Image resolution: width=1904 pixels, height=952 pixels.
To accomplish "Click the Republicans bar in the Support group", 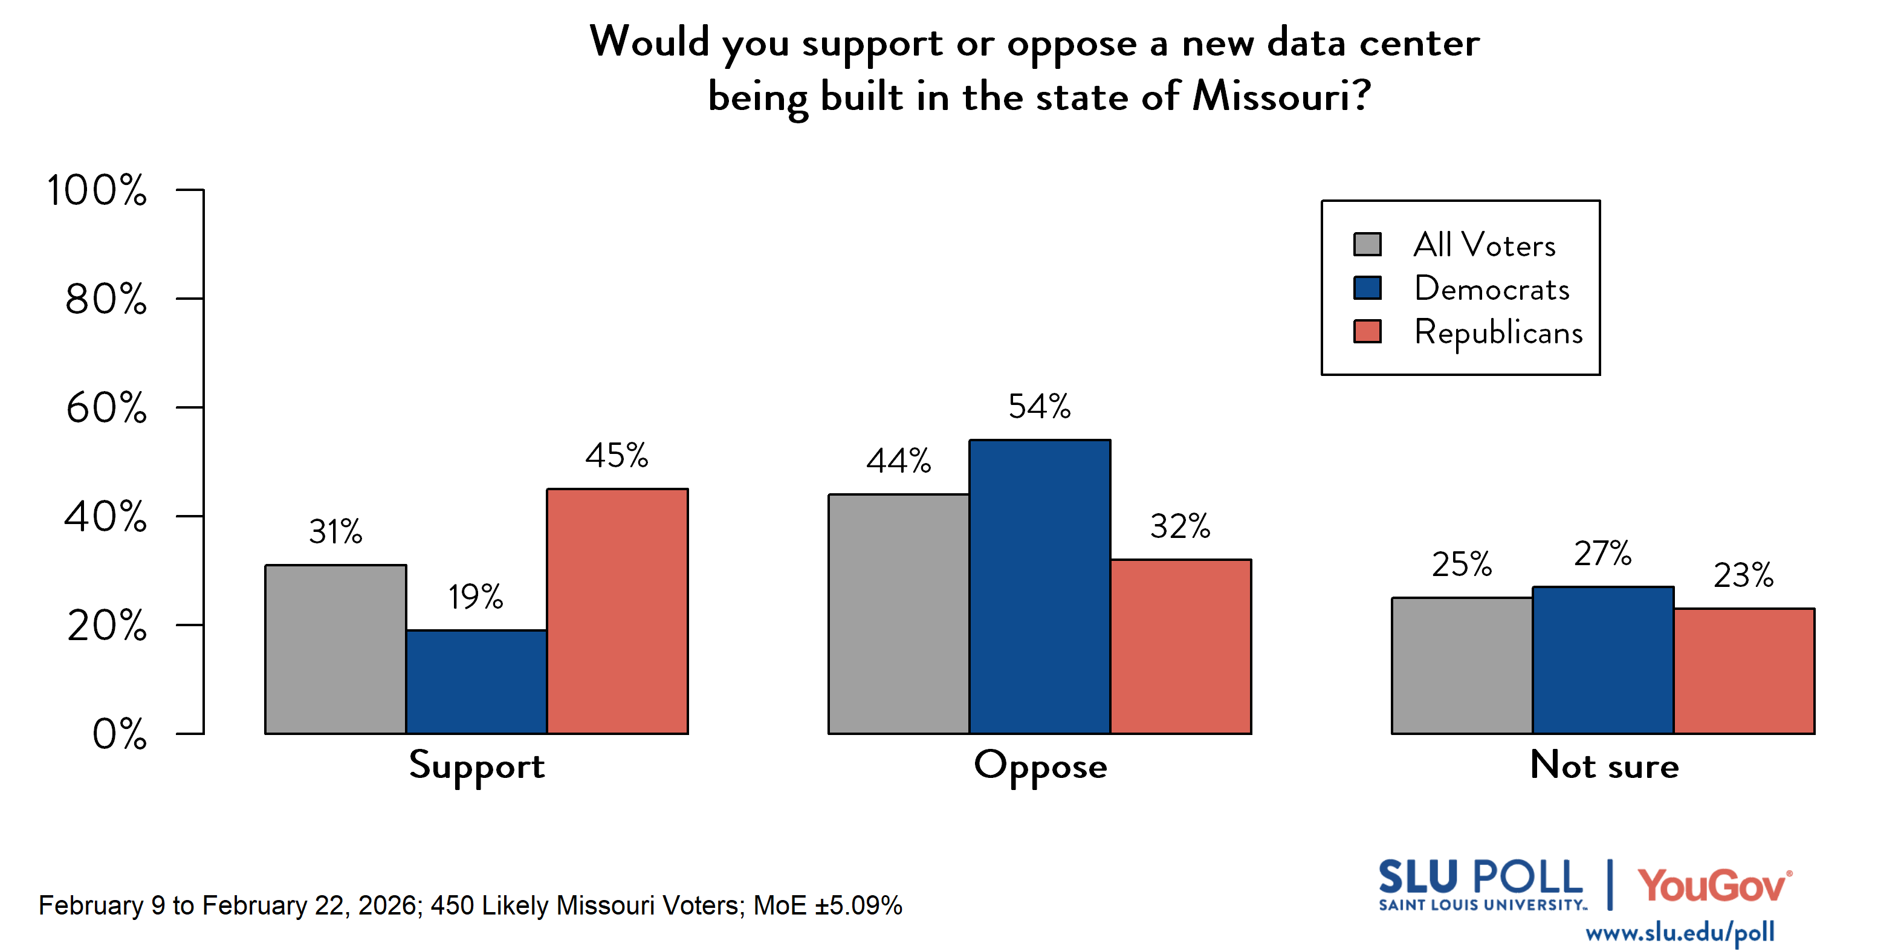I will click(617, 611).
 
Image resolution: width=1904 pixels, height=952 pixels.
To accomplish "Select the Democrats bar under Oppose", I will click(1039, 587).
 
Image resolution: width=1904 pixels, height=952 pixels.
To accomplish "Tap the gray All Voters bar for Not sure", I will click(1462, 665).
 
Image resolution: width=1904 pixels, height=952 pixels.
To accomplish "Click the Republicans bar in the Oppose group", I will click(1180, 647).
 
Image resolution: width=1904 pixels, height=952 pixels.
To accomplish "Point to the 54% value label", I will click(1039, 407).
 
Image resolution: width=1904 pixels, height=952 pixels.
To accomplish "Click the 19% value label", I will click(475, 597).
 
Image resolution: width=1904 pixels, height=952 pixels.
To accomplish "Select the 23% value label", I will click(1743, 575).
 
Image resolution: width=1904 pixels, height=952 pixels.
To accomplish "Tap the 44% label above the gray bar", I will click(898, 461).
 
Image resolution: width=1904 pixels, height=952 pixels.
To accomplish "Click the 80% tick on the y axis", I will click(106, 299).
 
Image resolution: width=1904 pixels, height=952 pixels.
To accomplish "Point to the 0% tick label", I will click(119, 734).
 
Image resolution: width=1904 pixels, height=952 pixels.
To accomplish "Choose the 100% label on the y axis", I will click(97, 190).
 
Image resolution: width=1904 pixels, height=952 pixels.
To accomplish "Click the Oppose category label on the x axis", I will click(1040, 766).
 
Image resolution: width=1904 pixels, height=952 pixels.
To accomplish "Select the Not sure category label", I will click(1604, 765).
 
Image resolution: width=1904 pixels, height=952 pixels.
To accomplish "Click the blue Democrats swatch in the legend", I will click(1367, 288).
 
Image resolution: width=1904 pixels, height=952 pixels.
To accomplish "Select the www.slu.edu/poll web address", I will click(1679, 933).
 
